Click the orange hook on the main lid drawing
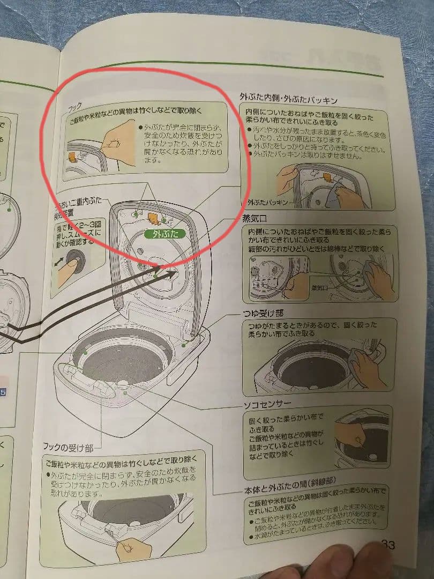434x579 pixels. pyautogui.click(x=152, y=217)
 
